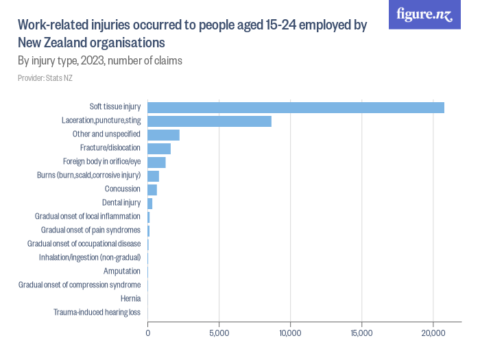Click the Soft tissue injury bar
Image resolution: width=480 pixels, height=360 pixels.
(x=296, y=107)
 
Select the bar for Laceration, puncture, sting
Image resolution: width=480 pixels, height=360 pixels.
(x=209, y=121)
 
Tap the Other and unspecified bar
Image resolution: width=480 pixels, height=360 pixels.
(x=163, y=134)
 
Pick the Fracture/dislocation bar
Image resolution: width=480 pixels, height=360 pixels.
(x=159, y=148)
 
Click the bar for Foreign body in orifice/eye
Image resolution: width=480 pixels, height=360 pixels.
(x=156, y=162)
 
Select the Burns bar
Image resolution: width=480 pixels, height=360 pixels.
(x=153, y=176)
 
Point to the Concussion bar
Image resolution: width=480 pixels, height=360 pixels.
(x=152, y=189)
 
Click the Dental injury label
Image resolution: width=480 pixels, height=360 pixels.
(x=121, y=203)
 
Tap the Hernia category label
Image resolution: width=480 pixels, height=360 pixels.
(x=130, y=299)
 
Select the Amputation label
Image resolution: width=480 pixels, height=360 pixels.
(x=122, y=272)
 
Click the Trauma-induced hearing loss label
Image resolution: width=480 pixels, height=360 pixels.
(x=97, y=313)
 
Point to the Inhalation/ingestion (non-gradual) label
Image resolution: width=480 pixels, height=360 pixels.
(x=90, y=258)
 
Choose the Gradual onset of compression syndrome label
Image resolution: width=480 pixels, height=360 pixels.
(x=80, y=285)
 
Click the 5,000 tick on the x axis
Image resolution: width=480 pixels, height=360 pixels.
(x=219, y=333)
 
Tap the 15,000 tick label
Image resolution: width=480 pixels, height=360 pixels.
(x=361, y=333)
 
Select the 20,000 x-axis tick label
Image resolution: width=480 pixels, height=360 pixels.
(x=433, y=333)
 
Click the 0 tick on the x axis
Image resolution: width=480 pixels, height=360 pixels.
(x=148, y=333)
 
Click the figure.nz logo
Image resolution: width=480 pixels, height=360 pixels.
(x=424, y=14)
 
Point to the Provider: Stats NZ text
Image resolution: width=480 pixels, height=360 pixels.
(x=45, y=78)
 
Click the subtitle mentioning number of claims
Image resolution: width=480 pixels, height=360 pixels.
(x=100, y=61)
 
